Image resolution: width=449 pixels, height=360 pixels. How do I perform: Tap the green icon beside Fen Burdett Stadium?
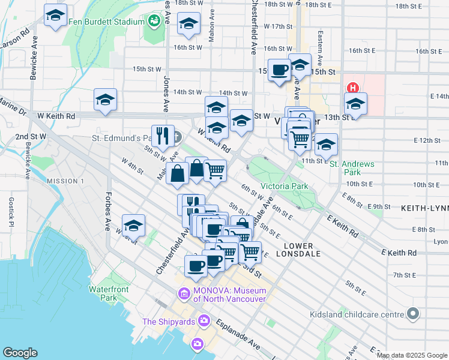click(x=155, y=22)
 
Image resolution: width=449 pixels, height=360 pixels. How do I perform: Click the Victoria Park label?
click(x=284, y=186)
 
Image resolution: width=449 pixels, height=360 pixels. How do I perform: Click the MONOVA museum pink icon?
click(x=183, y=295)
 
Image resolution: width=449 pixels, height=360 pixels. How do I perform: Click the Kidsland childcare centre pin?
click(x=412, y=314)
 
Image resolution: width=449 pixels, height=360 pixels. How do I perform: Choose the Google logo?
click(x=20, y=353)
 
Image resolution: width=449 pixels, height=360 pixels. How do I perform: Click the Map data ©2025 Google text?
click(x=412, y=355)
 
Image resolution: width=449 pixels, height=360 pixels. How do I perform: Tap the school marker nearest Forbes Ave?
click(x=133, y=226)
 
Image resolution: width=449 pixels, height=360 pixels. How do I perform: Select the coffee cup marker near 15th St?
click(x=280, y=70)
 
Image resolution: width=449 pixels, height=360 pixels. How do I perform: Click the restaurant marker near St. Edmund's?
click(x=162, y=136)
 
